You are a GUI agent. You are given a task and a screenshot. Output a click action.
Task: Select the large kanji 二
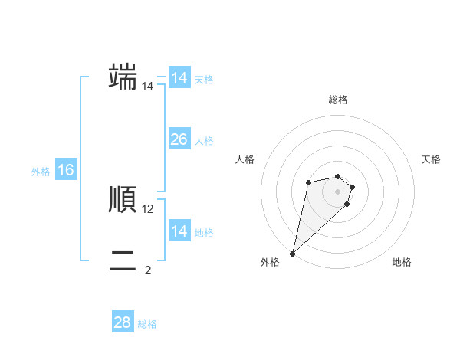click(x=123, y=260)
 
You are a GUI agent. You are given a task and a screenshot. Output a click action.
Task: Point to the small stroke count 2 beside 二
click(x=148, y=270)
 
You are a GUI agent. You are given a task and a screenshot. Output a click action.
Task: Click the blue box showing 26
click(x=179, y=139)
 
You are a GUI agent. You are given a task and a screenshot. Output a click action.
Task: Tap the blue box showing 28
click(x=122, y=322)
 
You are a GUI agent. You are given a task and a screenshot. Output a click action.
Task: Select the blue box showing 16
click(x=65, y=170)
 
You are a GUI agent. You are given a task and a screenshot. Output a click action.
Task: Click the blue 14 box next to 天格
click(x=179, y=78)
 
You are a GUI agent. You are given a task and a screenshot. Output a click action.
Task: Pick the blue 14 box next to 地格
click(x=179, y=231)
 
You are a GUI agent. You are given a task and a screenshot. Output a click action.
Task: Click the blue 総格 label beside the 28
click(x=147, y=324)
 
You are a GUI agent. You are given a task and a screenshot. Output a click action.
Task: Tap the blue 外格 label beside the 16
click(x=41, y=172)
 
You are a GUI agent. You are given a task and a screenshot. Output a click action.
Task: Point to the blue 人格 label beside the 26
click(x=204, y=141)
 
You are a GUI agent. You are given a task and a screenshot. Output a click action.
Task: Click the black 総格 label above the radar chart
click(x=338, y=100)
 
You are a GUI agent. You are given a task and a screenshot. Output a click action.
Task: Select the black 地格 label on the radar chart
click(x=402, y=262)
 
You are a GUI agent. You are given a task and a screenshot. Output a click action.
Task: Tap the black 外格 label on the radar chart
click(x=270, y=262)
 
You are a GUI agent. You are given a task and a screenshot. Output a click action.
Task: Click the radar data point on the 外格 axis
click(x=293, y=253)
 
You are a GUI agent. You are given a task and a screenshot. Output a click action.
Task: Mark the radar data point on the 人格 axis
click(x=308, y=182)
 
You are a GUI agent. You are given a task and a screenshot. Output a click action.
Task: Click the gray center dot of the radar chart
click(x=338, y=191)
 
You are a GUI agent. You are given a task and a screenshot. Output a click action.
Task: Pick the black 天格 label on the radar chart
click(x=431, y=159)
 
